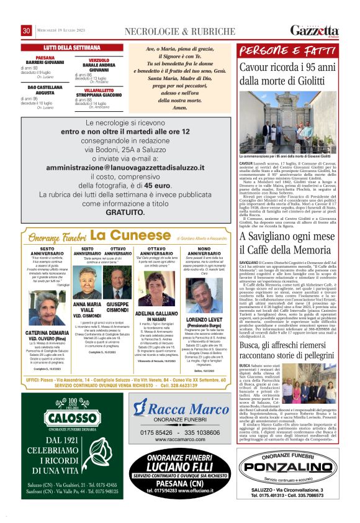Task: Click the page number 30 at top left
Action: click(x=27, y=31)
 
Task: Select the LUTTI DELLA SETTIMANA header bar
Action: click(x=68, y=47)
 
